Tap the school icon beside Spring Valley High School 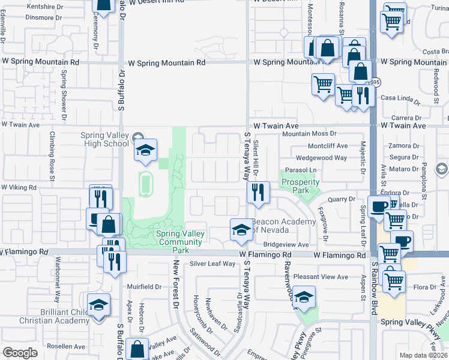145,152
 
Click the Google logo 20,352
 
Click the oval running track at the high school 145,184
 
